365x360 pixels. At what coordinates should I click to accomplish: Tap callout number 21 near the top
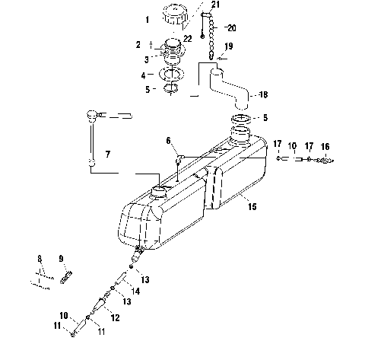tap(216, 5)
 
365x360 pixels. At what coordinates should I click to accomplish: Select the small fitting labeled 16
tap(326, 160)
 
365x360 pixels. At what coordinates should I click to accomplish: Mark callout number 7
tap(107, 155)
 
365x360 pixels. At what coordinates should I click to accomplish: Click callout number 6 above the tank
tap(169, 141)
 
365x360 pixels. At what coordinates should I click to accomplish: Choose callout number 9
tap(62, 257)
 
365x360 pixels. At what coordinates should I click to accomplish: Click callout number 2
tap(138, 45)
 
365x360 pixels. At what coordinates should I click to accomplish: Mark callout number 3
tap(138, 58)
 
